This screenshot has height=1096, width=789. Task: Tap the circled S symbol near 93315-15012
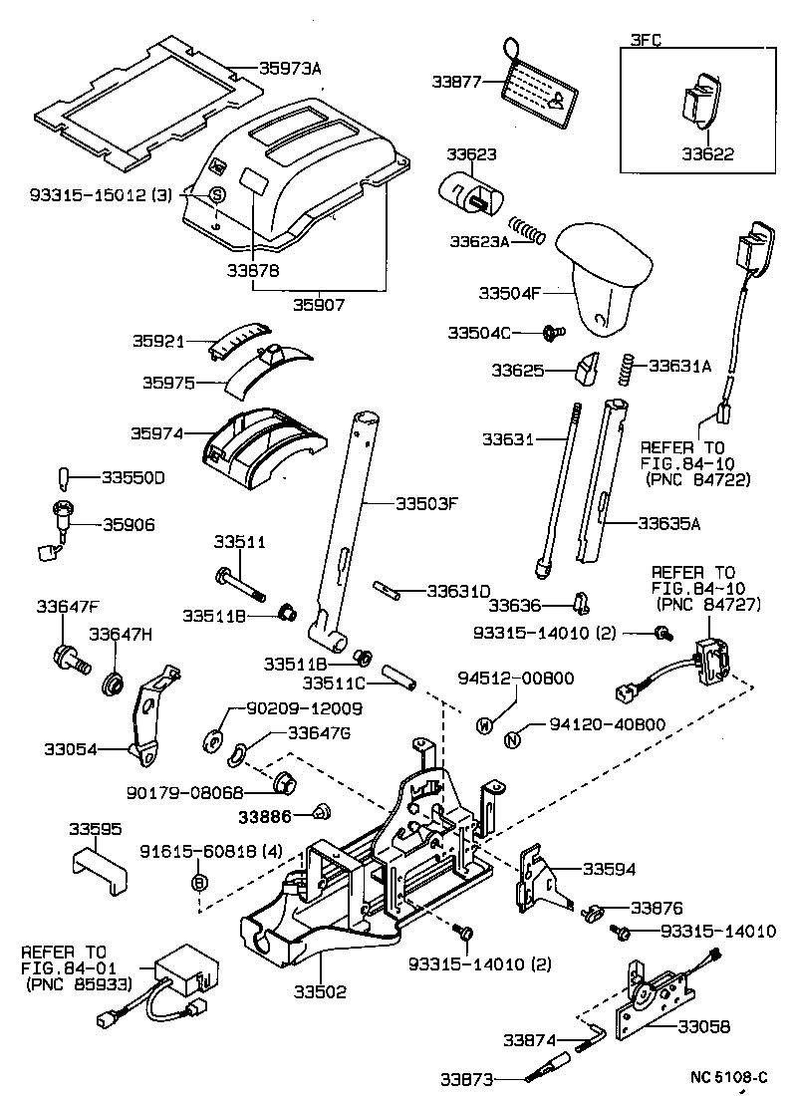coord(216,194)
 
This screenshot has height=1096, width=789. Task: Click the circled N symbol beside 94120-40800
coord(512,738)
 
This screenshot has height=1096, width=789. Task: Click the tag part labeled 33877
coord(539,91)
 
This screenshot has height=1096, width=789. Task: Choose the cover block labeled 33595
coord(100,863)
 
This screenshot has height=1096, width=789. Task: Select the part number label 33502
coord(320,992)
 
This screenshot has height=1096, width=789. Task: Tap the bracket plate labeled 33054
coord(151,716)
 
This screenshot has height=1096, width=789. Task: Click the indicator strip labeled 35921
coord(238,340)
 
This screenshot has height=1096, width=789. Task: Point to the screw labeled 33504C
coord(552,331)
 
